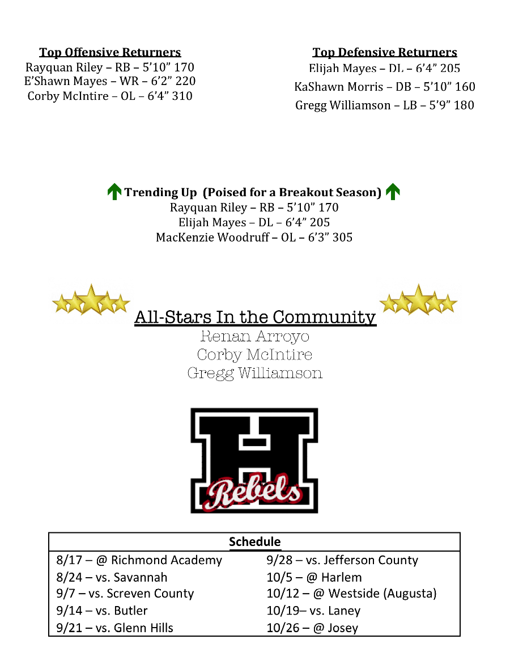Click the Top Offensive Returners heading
pos(110,53)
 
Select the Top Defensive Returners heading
pos(385,53)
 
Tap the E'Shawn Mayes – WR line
pos(110,82)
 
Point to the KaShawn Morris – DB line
pos(385,87)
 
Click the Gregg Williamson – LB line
pos(385,105)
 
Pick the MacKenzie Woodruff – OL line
pos(254,238)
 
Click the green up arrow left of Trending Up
pos(114,192)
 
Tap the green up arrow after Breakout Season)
pos(392,192)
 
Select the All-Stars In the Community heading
pos(255,317)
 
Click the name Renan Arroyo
pos(255,336)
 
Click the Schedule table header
pos(254,542)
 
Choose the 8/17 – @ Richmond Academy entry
pos(139,561)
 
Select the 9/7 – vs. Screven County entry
pos(125,594)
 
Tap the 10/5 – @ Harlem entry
pos(314,578)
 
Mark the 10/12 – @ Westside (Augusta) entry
pos(351,594)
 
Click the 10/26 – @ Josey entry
pos(312,628)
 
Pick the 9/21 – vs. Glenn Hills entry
pos(115,628)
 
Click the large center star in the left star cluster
pos(91,299)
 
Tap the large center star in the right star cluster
pos(418,299)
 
